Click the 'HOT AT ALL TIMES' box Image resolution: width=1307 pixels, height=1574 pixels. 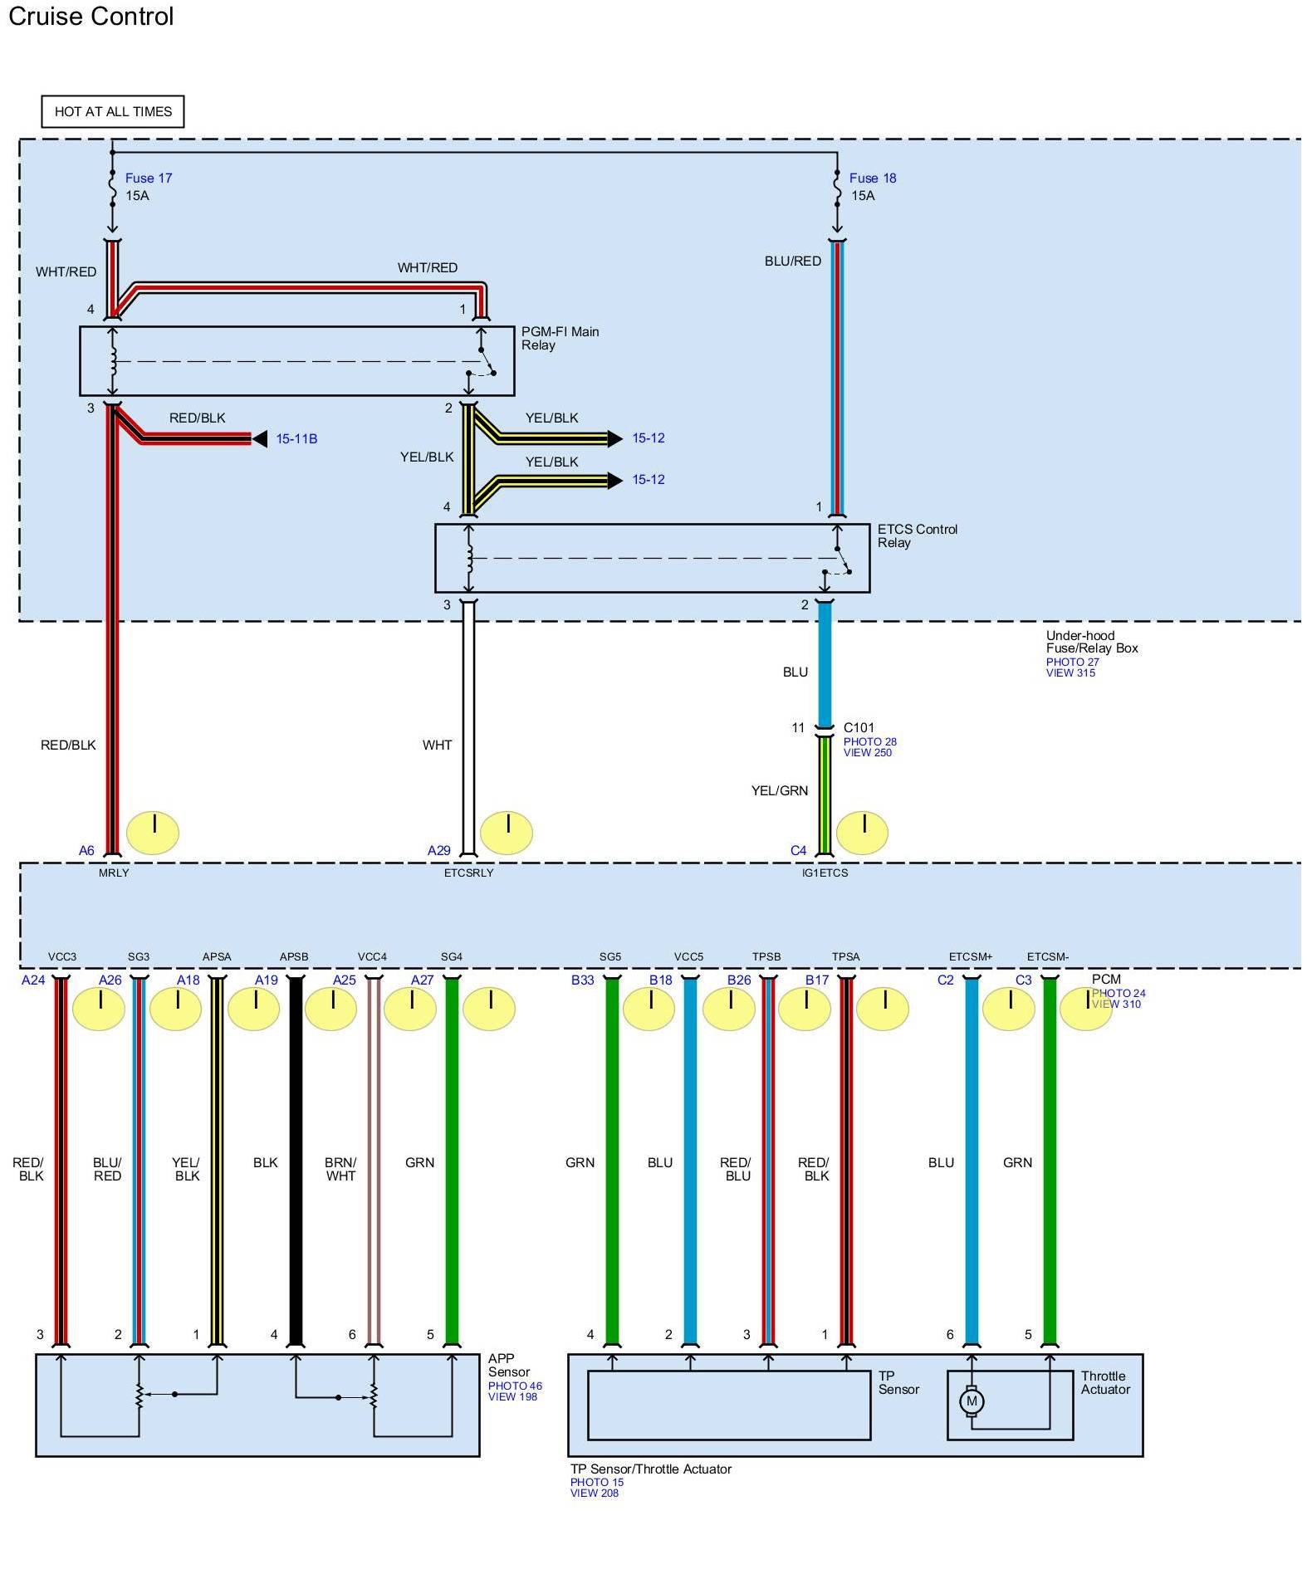point(113,111)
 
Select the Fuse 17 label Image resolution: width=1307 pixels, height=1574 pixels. point(149,178)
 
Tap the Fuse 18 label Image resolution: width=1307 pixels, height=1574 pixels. point(873,178)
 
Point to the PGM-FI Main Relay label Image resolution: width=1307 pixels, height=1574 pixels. point(560,338)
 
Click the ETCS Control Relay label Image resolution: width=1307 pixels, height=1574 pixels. point(917,535)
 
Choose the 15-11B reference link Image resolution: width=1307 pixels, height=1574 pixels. point(296,438)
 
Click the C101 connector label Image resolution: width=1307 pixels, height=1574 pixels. point(859,727)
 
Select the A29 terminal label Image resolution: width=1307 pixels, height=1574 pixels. point(438,850)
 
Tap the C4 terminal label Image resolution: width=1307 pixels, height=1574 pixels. point(798,850)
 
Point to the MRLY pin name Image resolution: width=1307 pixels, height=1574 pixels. point(114,873)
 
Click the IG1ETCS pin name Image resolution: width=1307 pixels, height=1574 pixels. point(825,873)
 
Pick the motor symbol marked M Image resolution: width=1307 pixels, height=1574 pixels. point(972,1402)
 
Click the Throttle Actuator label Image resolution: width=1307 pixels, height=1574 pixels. point(1105,1382)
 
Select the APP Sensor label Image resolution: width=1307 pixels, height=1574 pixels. point(508,1365)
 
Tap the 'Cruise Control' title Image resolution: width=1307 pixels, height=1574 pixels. point(91,17)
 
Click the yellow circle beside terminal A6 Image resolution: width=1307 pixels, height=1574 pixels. point(153,832)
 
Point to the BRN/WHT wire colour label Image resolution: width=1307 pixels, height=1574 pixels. point(340,1169)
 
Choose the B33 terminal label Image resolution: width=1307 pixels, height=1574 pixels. point(582,980)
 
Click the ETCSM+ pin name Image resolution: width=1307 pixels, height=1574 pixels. point(971,956)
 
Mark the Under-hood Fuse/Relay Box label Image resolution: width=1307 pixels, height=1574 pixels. point(1091,642)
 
